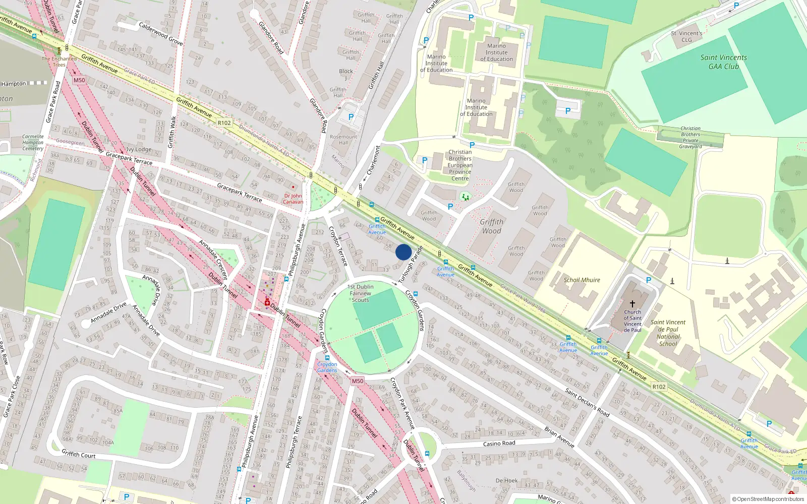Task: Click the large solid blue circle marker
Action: point(403,252)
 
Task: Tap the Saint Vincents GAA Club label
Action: point(723,61)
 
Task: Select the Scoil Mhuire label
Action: point(582,280)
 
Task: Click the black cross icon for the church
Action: point(632,304)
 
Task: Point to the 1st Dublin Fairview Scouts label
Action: point(360,293)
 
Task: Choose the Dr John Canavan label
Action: point(293,199)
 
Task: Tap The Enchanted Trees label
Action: point(59,61)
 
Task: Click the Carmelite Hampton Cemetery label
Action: point(33,142)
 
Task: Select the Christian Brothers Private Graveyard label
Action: point(690,138)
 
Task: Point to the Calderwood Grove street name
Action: point(160,34)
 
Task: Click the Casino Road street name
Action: point(499,444)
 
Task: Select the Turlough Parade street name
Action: point(410,265)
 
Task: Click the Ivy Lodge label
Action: point(139,149)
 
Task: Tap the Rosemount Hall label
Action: point(343,140)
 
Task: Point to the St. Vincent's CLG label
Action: point(686,36)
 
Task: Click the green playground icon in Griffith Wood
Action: point(465,196)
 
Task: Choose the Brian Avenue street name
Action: point(559,437)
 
